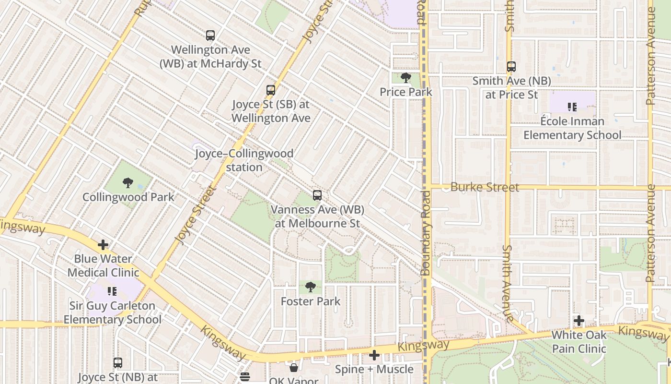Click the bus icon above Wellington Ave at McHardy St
click(x=210, y=36)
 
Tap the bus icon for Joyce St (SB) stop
click(x=271, y=90)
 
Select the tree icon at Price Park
click(x=406, y=78)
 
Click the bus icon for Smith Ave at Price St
click(x=511, y=67)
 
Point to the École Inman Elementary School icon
click(x=572, y=107)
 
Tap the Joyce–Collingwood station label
click(x=244, y=160)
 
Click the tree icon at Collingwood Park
click(x=127, y=183)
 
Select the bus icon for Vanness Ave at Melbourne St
click(x=317, y=195)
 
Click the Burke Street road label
click(x=485, y=187)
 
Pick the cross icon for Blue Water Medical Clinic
click(x=103, y=245)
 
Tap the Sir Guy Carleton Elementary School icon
click(x=112, y=291)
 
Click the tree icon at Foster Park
click(x=311, y=287)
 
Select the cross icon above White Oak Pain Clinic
click(x=579, y=321)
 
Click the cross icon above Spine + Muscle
click(x=374, y=355)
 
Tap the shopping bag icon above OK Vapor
click(x=293, y=368)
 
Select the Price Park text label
click(x=406, y=92)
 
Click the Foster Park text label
click(x=311, y=301)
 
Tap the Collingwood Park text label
click(x=128, y=197)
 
